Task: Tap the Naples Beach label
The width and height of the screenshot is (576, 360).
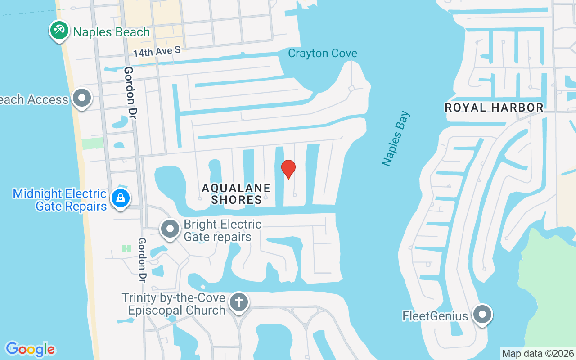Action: tap(111, 32)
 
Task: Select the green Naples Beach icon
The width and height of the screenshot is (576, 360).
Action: tap(59, 31)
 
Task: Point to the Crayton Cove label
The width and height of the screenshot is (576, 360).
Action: tap(322, 53)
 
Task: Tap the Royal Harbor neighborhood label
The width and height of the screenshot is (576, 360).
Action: tap(494, 108)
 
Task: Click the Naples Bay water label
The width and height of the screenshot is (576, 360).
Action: tap(396, 139)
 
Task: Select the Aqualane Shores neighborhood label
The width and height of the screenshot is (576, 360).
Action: tap(236, 193)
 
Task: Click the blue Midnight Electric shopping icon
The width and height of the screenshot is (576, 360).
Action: tap(121, 198)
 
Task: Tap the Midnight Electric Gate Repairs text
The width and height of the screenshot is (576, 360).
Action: tap(59, 200)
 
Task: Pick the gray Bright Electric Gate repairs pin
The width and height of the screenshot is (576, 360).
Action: tap(170, 229)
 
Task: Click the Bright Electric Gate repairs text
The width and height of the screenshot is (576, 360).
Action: tap(222, 230)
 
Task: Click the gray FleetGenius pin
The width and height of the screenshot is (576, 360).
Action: tap(483, 314)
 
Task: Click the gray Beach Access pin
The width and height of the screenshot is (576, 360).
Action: tap(82, 98)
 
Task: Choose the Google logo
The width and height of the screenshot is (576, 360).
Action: tap(30, 349)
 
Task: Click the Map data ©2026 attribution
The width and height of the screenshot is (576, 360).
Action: tap(538, 353)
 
